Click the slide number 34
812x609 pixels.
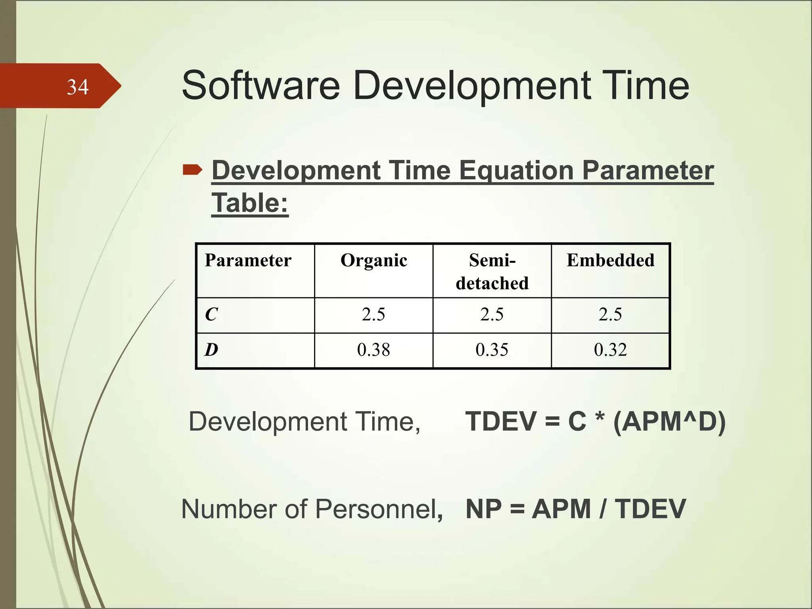click(x=78, y=87)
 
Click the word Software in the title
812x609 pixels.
click(x=260, y=86)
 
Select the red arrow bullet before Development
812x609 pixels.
click(x=193, y=170)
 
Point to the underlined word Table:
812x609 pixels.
click(x=250, y=203)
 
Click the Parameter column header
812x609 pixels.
click(x=248, y=260)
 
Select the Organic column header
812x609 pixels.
click(x=373, y=260)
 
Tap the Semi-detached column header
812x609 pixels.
click(x=492, y=272)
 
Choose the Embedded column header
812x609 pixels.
click(x=610, y=260)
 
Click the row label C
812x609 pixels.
click(x=211, y=315)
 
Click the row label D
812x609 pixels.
click(x=211, y=350)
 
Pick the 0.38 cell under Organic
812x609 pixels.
click(x=373, y=350)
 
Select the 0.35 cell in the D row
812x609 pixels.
click(x=492, y=350)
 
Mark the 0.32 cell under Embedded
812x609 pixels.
click(x=610, y=350)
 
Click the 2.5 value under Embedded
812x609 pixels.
click(x=610, y=315)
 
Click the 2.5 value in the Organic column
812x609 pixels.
click(x=373, y=315)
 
